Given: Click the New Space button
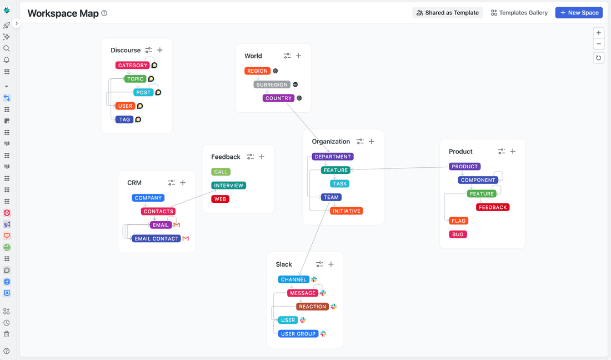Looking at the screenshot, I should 579,13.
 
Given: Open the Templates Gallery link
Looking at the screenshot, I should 519,13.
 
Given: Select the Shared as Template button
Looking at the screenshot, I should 447,13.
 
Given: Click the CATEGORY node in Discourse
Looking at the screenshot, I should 133,66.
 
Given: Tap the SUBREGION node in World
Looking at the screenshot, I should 272,85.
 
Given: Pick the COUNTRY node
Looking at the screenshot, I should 278,98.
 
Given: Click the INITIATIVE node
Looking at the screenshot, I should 347,211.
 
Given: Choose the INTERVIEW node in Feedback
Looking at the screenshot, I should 228,186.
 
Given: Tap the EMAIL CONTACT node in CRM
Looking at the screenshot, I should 157,239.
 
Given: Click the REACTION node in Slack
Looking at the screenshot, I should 312,307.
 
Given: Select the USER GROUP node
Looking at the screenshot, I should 298,334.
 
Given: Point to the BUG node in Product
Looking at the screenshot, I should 458,234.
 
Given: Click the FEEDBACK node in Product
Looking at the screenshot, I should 493,207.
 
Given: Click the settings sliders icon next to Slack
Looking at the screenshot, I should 319,264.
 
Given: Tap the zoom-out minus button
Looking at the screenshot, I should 598,44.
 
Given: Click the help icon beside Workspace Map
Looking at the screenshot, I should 104,13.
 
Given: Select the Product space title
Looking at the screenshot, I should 460,152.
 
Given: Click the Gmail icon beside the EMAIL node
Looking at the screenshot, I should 177,225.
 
